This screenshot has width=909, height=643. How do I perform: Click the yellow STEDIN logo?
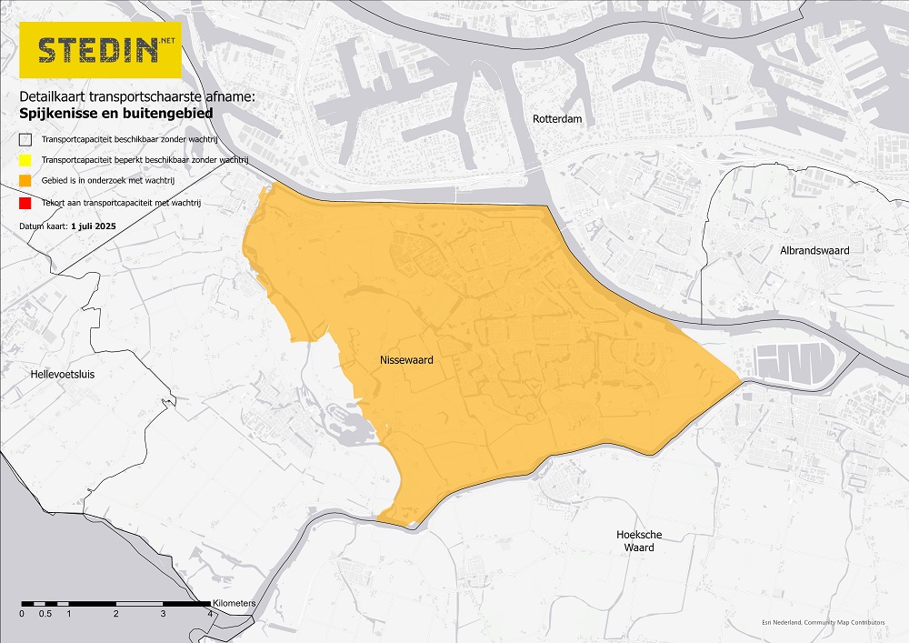point(100,49)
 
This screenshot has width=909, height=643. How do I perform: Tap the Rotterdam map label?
point(557,119)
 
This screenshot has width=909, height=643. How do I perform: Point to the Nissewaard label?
point(405,361)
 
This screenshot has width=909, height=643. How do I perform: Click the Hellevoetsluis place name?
point(63,374)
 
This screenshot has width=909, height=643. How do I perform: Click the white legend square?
point(25,139)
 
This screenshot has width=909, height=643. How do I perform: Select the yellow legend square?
point(25,160)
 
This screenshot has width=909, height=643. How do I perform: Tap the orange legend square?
point(25,182)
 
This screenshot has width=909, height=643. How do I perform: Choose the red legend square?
point(25,203)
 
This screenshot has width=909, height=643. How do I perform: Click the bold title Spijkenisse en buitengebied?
point(115,114)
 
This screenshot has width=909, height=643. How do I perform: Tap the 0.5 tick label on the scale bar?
point(45,614)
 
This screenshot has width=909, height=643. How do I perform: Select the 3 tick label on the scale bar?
point(164,614)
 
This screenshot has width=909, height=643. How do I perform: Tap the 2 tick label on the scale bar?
point(116,614)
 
